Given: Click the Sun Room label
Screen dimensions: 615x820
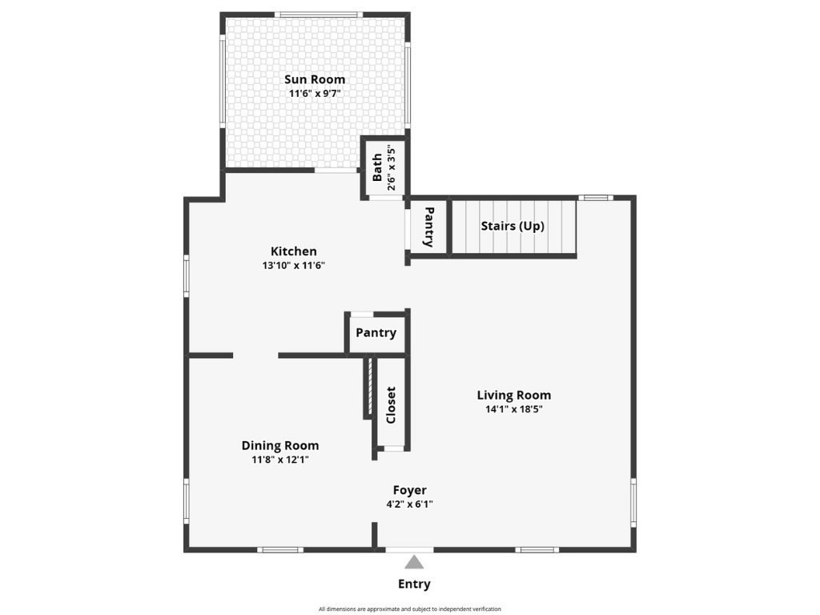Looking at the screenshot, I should tap(315, 79).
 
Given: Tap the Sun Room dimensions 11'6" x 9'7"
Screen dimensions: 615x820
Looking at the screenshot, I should tap(315, 93).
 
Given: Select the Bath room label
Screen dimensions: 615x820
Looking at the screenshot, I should tap(377, 168).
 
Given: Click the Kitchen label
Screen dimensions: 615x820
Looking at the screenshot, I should tap(293, 251).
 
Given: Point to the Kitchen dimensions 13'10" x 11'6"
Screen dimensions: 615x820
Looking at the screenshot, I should tap(293, 265).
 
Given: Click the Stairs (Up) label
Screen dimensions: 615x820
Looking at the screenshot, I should tap(512, 226).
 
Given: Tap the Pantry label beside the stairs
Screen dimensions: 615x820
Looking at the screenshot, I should tap(429, 227).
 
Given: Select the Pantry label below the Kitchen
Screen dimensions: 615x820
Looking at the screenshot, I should tap(376, 333).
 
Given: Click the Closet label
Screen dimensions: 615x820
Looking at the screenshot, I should tap(391, 405).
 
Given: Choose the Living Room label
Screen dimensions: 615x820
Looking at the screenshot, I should tap(514, 395).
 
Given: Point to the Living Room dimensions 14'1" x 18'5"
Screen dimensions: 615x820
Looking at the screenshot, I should tap(514, 408).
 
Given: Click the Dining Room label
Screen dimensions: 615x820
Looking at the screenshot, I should tap(280, 446).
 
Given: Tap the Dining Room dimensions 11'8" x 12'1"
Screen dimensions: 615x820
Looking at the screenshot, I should tap(280, 460).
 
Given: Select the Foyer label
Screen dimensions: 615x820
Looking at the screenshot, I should tap(409, 490).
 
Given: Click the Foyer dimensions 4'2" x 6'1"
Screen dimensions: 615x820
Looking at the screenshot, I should tap(409, 504).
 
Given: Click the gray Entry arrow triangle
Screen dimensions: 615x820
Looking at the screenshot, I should tap(414, 562).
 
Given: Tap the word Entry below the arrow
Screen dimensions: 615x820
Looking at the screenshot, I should tap(414, 584).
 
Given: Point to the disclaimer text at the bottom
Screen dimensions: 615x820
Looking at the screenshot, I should tap(409, 609).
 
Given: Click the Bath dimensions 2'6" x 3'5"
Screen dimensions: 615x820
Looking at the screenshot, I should tap(390, 168).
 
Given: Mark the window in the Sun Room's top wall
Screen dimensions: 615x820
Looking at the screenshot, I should tap(318, 14).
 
